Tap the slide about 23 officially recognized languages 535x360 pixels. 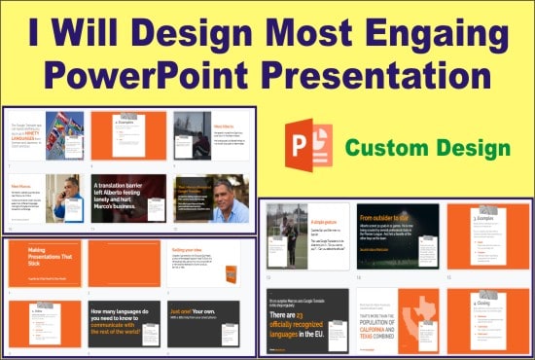(x=308, y=319)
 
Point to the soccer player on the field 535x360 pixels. (x=287, y=237)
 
